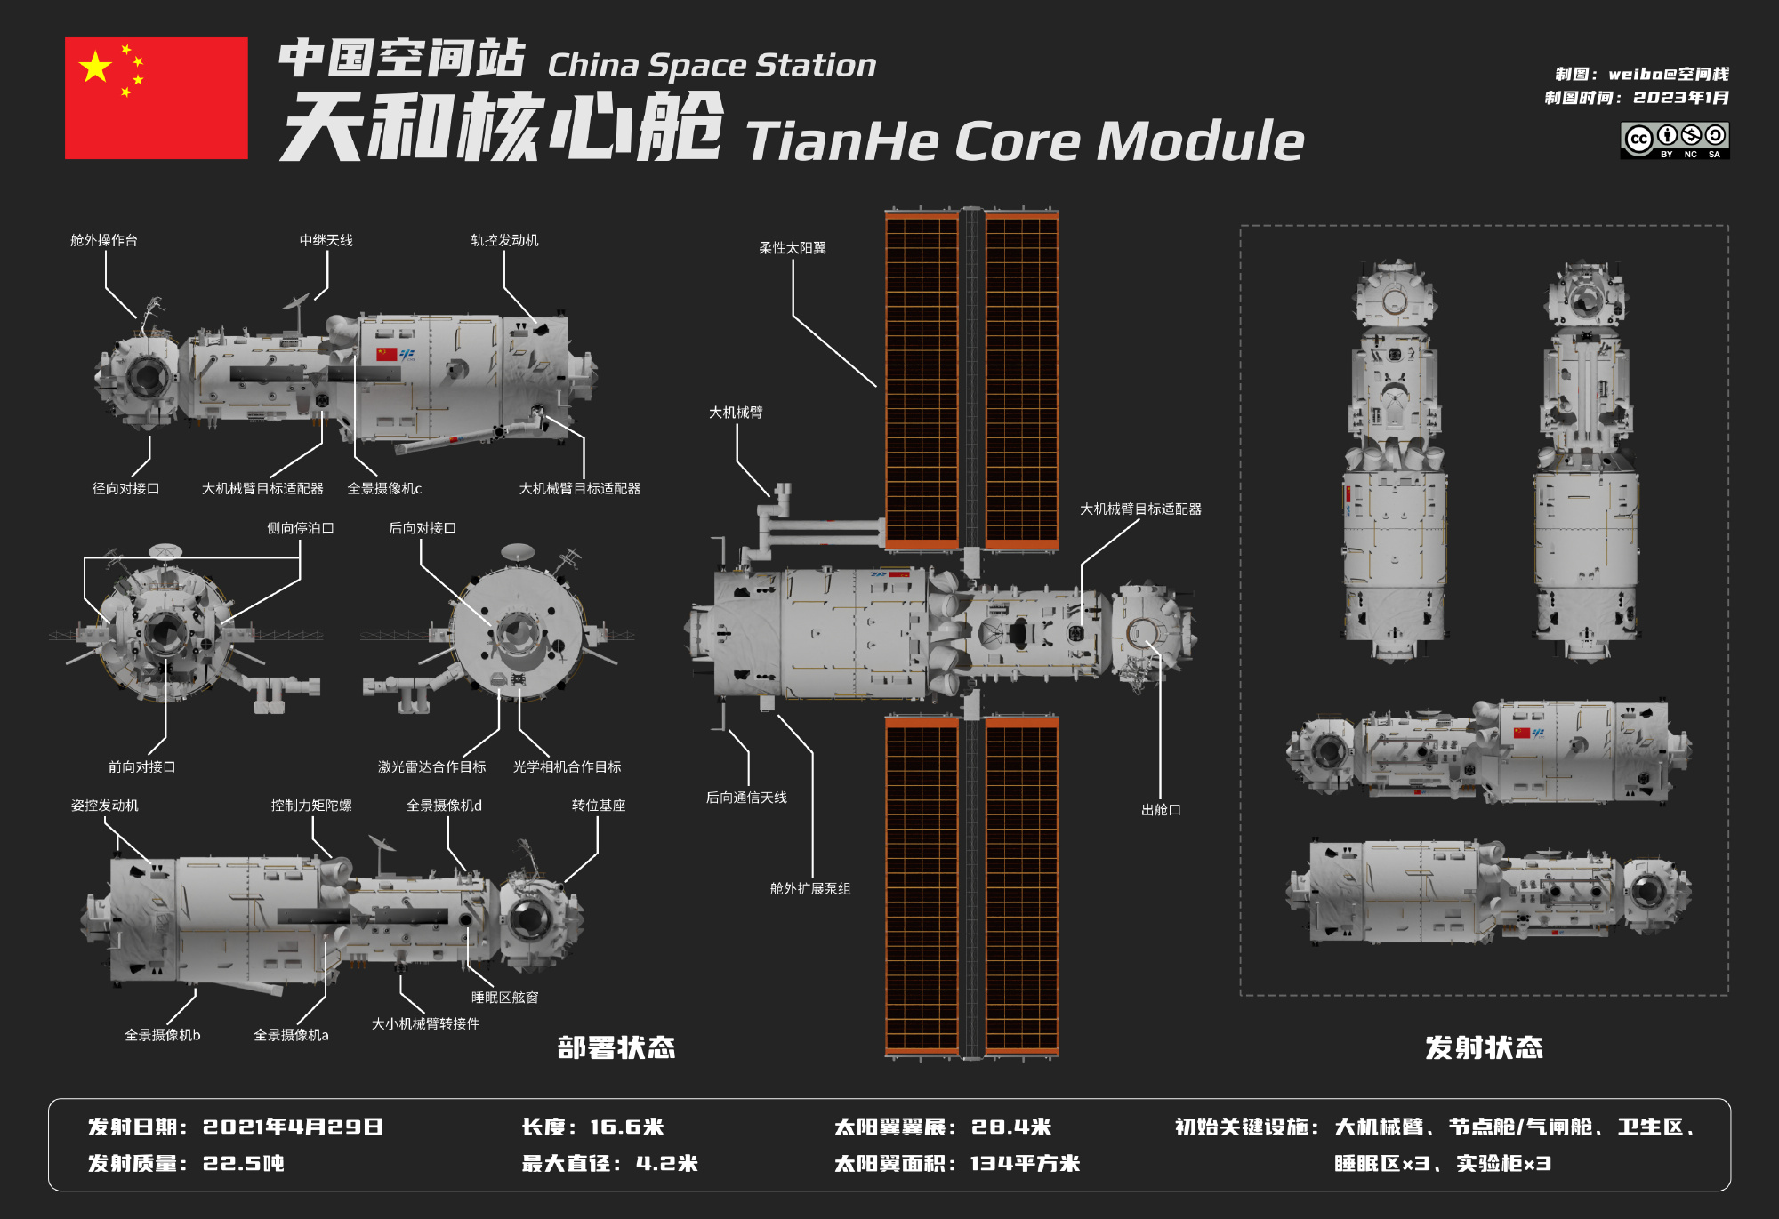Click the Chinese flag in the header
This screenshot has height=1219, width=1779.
(x=157, y=98)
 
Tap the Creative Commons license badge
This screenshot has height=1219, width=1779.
(x=1675, y=140)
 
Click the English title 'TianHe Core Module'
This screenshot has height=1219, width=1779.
(x=1026, y=141)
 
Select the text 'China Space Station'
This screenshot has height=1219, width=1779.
(x=712, y=65)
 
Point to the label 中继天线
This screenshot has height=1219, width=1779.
(x=326, y=240)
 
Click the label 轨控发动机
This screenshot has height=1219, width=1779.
(x=504, y=240)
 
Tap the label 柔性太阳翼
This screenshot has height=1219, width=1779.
(x=793, y=248)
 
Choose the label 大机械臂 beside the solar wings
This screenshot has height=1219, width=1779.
(x=736, y=413)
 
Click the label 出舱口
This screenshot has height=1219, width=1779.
(x=1161, y=810)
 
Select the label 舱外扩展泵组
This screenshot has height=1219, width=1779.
(x=810, y=888)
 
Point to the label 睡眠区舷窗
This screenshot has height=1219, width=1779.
(x=505, y=998)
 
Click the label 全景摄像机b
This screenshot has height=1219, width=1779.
(x=163, y=1035)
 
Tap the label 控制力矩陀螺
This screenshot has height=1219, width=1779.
(x=311, y=806)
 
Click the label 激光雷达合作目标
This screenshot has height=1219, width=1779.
(x=432, y=766)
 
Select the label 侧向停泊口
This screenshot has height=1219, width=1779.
(x=301, y=528)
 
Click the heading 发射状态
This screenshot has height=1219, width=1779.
(x=1484, y=1047)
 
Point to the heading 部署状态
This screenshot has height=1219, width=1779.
(x=616, y=1047)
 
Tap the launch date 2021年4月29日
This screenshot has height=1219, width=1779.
(x=294, y=1127)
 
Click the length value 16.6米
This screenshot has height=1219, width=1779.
(x=627, y=1127)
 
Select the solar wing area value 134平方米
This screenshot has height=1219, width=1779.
(x=1025, y=1163)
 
